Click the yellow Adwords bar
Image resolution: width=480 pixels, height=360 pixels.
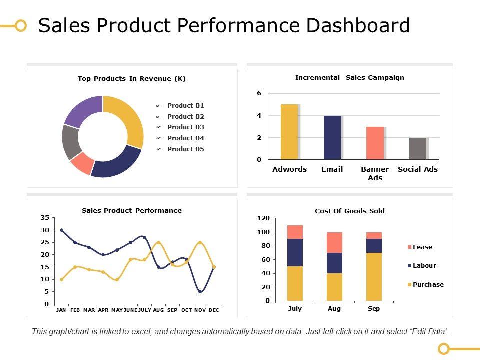coord(289,132)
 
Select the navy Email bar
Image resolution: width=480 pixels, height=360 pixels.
coord(332,137)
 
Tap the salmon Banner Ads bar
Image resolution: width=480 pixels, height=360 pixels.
coord(375,143)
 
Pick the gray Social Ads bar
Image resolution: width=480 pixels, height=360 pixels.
coord(418,148)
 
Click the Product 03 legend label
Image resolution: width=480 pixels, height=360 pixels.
coord(185,127)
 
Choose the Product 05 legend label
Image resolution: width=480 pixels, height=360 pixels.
coord(185,149)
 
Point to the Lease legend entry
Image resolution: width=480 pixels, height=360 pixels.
coord(422,247)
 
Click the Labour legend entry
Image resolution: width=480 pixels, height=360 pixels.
coord(424,266)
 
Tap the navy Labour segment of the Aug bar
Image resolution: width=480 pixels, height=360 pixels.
coord(334,263)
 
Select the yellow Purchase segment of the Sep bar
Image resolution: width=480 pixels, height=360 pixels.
coord(374,277)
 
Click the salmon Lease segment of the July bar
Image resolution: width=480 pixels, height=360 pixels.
coord(295,232)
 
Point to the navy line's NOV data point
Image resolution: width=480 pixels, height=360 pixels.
coord(200,292)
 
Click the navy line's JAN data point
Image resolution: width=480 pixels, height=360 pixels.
coord(61,230)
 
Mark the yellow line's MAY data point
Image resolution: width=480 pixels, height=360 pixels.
coord(117,280)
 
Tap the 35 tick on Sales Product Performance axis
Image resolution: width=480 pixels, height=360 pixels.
coord(45,218)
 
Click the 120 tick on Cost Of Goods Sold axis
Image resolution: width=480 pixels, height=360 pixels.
coord(263,219)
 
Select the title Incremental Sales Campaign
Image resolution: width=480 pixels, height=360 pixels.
coord(349,78)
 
